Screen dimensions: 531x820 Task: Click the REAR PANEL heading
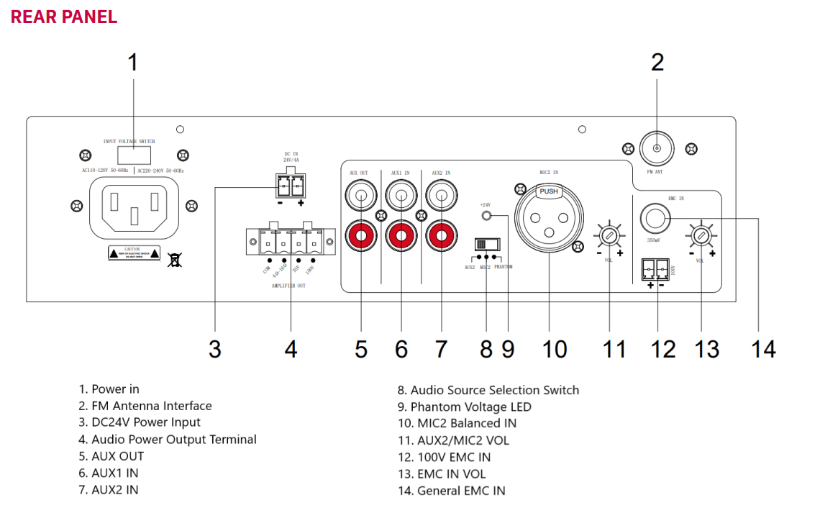tap(64, 17)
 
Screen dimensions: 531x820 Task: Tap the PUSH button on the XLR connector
tap(549, 192)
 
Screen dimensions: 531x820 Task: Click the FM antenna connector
tap(657, 148)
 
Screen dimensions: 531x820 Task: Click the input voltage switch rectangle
tap(135, 155)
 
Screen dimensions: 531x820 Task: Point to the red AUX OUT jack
tap(360, 235)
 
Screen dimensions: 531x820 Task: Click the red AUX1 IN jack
tap(401, 235)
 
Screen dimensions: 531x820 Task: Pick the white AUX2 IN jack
tap(440, 194)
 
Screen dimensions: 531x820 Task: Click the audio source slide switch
tap(487, 244)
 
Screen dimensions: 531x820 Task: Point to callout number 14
tap(765, 348)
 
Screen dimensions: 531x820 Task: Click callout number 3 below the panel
tap(214, 349)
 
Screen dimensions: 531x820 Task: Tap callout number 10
tap(554, 349)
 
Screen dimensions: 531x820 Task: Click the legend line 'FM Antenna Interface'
tap(151, 406)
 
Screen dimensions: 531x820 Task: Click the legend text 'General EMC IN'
tap(461, 491)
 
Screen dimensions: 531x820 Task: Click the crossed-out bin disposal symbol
tap(175, 258)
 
